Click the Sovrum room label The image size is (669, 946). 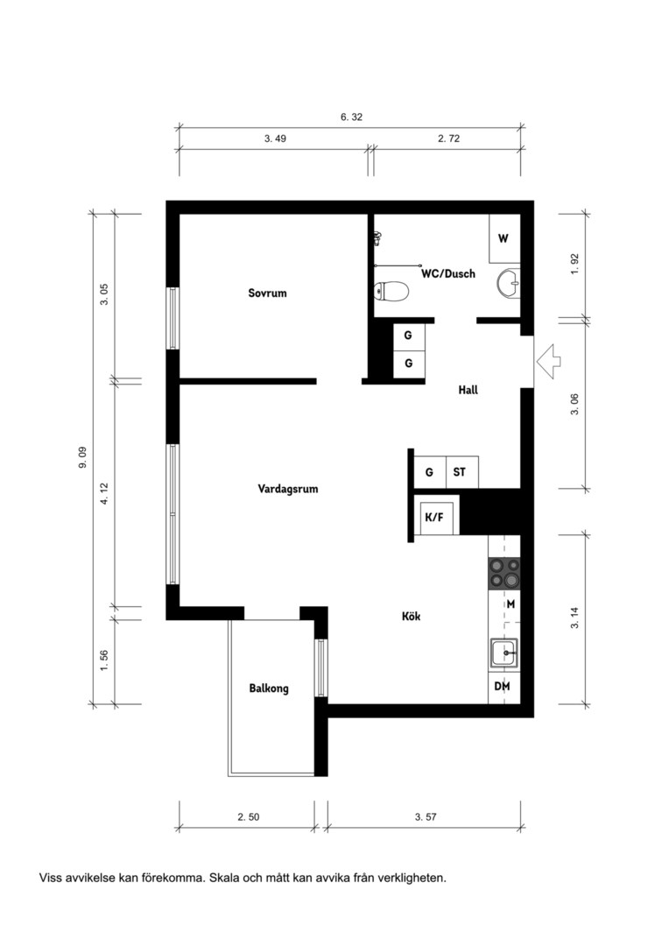coord(267,293)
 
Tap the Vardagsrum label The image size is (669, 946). coord(288,489)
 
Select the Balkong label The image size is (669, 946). coord(269,688)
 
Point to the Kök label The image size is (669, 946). coord(411,616)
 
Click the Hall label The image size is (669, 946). coord(468,390)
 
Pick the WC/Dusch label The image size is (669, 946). coord(448,273)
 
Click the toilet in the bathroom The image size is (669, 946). coord(391,292)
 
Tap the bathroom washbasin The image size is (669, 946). coord(509,282)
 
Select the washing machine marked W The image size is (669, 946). coord(504,238)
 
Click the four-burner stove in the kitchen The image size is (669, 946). coord(504,573)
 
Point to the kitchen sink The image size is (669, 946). coord(504,653)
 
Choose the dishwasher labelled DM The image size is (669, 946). coord(504,687)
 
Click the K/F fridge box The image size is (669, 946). coord(436,517)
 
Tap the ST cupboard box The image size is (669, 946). coord(461,472)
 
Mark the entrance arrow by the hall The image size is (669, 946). coord(548,362)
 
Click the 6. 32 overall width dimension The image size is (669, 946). coord(352,117)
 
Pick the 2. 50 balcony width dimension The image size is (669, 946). coord(249,817)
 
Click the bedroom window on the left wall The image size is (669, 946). coord(173,318)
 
